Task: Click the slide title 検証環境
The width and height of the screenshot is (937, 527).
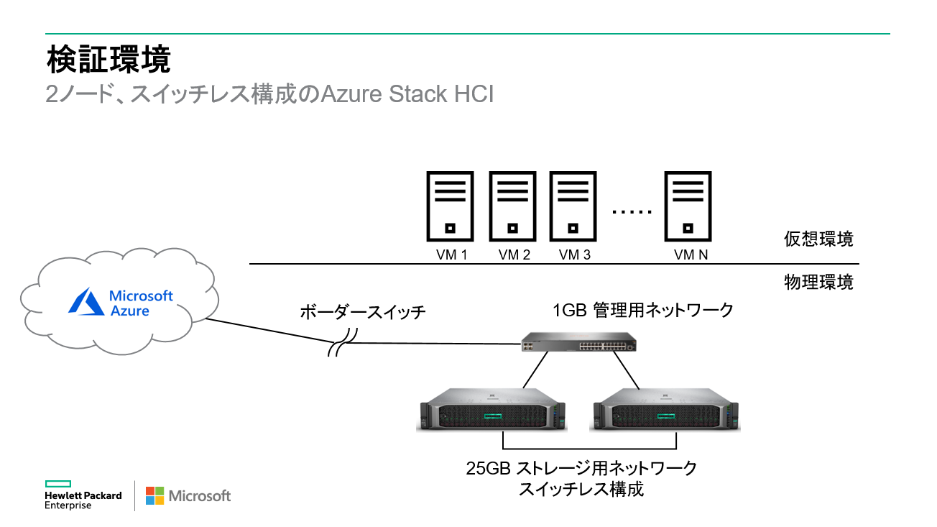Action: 109,60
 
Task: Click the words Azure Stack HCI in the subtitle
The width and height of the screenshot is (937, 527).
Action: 407,94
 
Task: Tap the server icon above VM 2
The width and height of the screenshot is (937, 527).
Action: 512,206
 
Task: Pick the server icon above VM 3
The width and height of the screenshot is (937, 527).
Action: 573,206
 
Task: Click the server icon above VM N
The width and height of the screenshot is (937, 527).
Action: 688,206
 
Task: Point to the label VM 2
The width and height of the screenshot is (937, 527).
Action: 514,255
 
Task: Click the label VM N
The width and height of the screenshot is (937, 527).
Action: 689,255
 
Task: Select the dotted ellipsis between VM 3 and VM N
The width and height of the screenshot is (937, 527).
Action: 632,212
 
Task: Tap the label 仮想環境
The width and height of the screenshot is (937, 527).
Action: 818,239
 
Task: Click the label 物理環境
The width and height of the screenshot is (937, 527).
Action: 818,283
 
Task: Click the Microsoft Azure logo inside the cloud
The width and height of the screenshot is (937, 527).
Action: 121,303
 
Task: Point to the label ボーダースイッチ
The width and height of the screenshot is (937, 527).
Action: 363,312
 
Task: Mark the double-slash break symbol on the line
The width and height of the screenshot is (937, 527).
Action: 343,343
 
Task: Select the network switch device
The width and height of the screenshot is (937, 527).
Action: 580,344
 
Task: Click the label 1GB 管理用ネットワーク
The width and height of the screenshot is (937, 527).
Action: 642,310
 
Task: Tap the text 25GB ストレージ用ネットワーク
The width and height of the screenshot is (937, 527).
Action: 581,469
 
